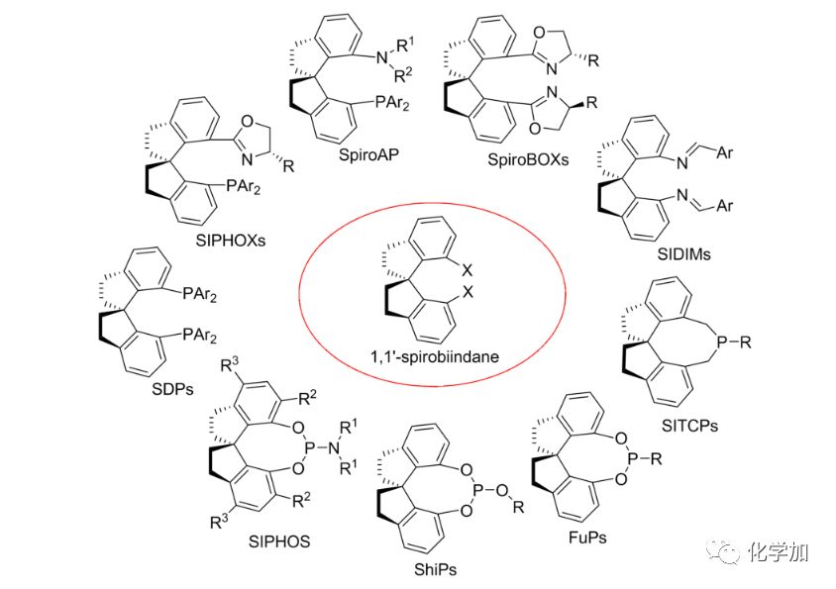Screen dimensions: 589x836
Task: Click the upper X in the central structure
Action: coord(467,268)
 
